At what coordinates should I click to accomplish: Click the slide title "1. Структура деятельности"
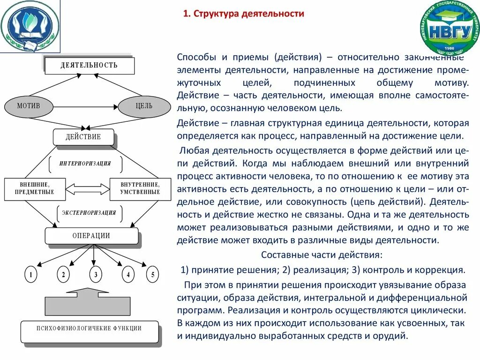coord(243,14)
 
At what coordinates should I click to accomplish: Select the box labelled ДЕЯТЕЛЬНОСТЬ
coord(89,66)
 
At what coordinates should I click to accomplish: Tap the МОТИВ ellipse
coord(29,106)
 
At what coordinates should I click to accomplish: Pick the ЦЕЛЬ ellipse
coord(144,106)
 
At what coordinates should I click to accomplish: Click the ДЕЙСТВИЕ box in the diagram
coord(83,137)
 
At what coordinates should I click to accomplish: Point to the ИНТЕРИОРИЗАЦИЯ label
coord(85,164)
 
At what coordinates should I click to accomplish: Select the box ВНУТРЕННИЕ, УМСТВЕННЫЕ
coord(140,188)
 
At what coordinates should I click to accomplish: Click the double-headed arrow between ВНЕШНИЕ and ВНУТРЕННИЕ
coord(87,189)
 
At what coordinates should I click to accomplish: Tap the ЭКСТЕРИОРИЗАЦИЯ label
coord(89,213)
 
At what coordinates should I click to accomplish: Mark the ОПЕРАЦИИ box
coord(91,236)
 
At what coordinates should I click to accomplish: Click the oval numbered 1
coord(30,275)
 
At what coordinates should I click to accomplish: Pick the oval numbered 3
coord(95,275)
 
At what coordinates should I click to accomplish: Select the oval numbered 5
coord(152,275)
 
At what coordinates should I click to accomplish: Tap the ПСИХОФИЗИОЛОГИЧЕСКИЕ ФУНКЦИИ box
coord(89,329)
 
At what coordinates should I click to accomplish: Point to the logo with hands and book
coord(30,27)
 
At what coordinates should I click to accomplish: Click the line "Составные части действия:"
coord(322,255)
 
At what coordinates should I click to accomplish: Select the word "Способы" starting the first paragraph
coord(196,57)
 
